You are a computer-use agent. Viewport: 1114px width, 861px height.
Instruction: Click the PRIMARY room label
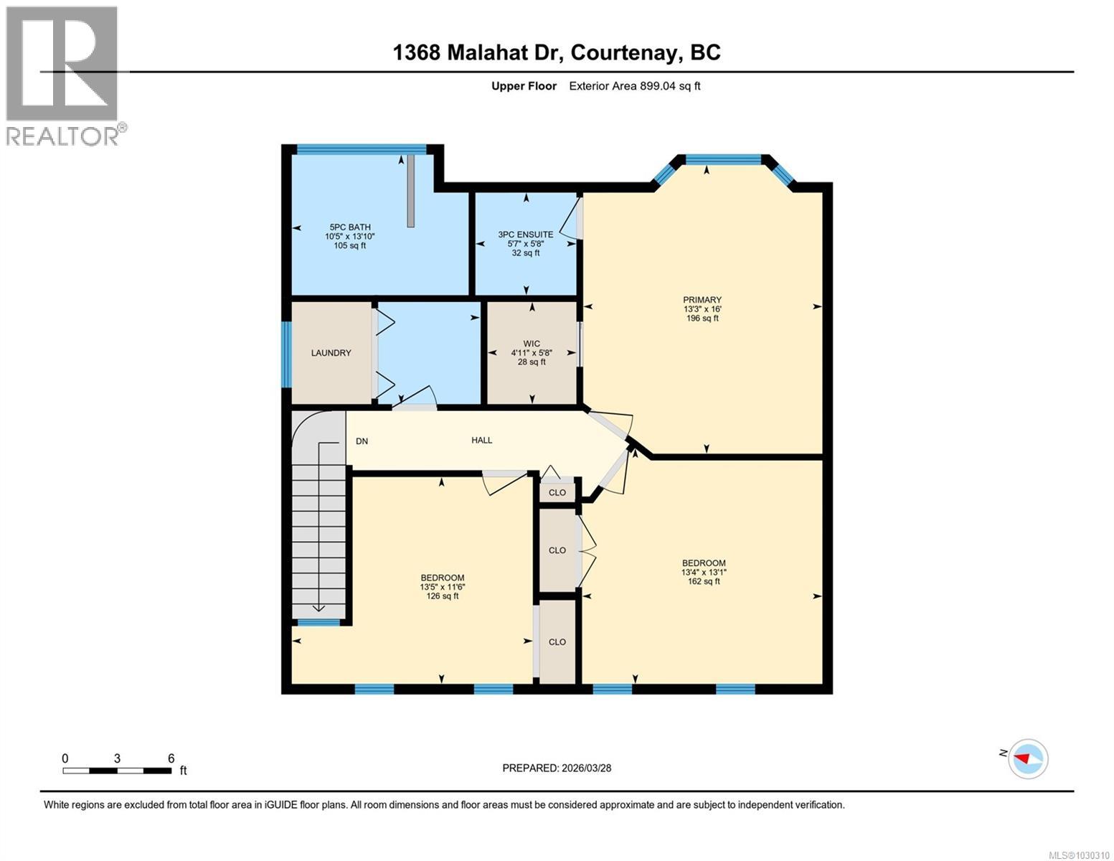click(702, 300)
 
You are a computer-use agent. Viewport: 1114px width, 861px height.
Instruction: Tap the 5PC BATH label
click(349, 227)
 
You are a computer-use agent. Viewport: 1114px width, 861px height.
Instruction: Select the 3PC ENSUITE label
click(525, 235)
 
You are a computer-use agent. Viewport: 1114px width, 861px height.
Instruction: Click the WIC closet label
click(532, 344)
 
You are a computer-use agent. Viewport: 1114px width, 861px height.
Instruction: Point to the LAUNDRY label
click(331, 353)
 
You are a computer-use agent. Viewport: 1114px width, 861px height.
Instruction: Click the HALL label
click(481, 441)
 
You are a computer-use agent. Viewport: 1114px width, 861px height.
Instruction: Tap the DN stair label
click(362, 441)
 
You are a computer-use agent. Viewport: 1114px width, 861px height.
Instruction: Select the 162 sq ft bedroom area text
click(703, 581)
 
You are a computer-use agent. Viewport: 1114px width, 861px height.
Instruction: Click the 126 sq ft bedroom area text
click(442, 596)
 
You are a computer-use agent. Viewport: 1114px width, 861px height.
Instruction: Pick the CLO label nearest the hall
click(557, 493)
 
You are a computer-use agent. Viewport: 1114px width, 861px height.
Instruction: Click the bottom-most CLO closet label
click(557, 642)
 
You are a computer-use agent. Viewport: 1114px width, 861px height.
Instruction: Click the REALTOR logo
click(62, 75)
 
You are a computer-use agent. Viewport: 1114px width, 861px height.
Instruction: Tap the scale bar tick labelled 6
click(171, 758)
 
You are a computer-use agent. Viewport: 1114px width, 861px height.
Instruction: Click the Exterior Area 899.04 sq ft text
click(634, 86)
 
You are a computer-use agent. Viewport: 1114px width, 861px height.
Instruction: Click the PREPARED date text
click(557, 768)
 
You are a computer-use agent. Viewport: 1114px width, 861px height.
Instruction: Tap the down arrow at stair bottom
click(318, 608)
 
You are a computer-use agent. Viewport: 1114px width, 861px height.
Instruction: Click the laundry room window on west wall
click(286, 354)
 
